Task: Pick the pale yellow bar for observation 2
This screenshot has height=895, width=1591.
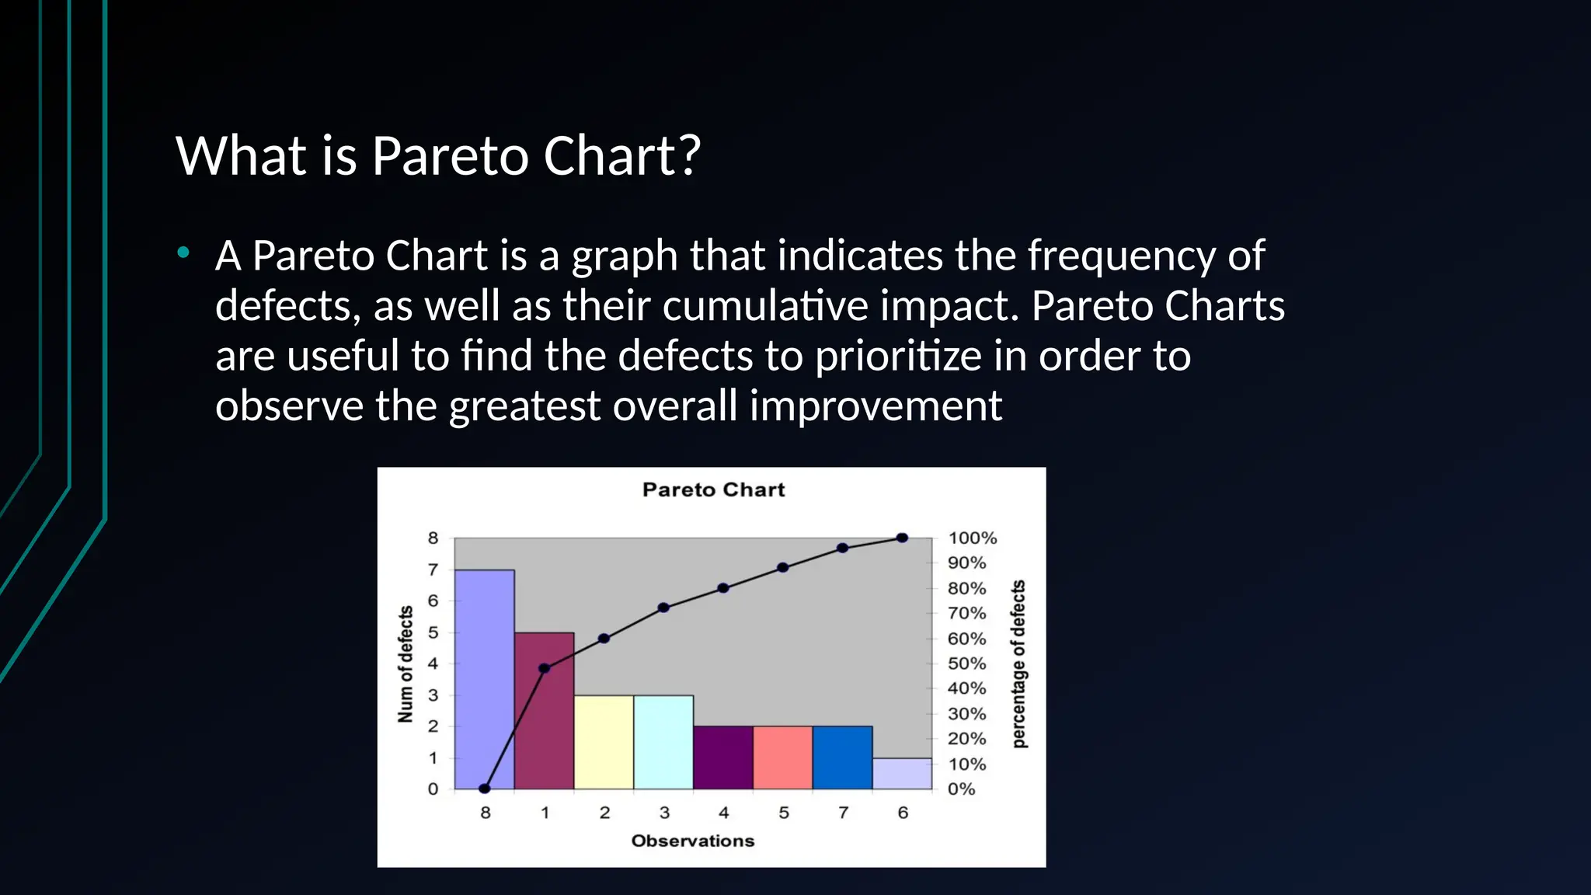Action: point(604,742)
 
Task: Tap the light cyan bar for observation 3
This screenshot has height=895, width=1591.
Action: point(663,742)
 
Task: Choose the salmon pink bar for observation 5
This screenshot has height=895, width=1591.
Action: point(783,757)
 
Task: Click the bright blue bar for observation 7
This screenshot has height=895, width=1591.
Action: point(843,757)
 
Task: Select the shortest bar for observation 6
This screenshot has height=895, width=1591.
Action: point(903,774)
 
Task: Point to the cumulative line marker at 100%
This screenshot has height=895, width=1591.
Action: point(902,538)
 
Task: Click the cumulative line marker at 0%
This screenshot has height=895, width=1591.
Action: point(485,789)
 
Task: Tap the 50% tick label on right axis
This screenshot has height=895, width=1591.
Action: point(966,663)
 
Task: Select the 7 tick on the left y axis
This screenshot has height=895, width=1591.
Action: point(433,569)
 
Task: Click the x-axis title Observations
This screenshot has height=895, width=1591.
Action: point(692,841)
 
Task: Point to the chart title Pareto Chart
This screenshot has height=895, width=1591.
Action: point(713,489)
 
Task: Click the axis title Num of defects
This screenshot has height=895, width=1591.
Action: point(405,664)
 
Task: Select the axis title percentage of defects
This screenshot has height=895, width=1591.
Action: point(1018,664)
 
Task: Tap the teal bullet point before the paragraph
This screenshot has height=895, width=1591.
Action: point(183,252)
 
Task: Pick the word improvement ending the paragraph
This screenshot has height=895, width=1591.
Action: point(876,406)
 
